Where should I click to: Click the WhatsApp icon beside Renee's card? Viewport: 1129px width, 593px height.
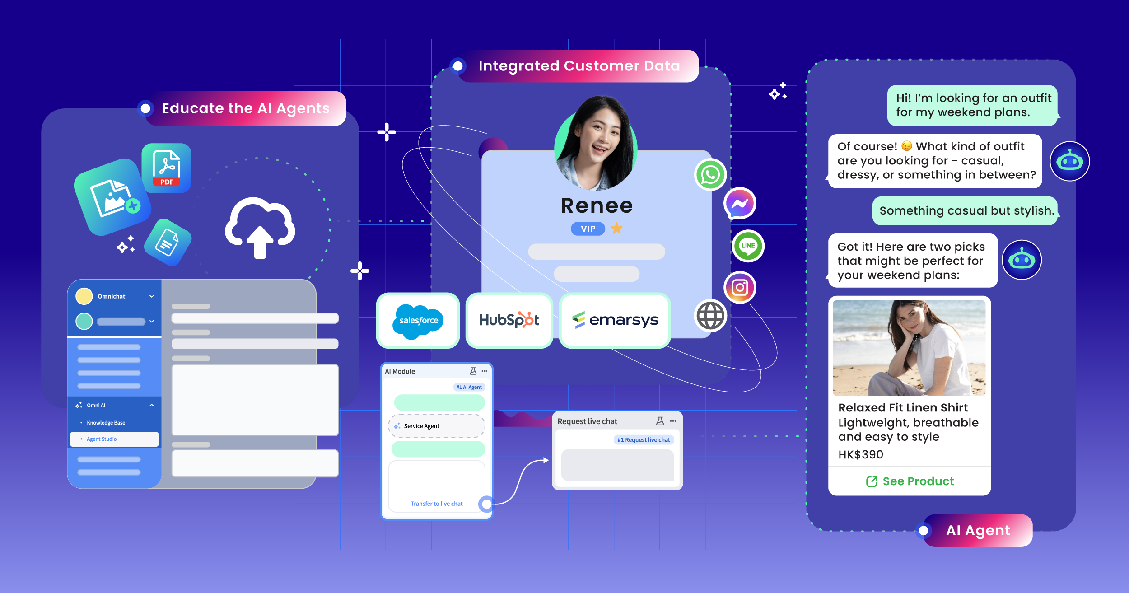click(x=710, y=175)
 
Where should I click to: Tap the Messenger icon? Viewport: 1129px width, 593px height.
click(x=740, y=204)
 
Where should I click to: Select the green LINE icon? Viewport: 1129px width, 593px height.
click(x=748, y=246)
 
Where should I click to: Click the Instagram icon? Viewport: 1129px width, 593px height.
click(x=740, y=287)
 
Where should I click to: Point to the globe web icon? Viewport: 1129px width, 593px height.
click(x=710, y=316)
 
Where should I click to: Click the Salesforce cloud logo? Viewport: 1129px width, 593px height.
click(x=418, y=321)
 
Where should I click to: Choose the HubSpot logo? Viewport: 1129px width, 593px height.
click(x=509, y=320)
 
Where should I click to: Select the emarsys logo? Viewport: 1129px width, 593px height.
click(x=615, y=320)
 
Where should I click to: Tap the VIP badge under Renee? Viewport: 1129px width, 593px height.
click(x=588, y=229)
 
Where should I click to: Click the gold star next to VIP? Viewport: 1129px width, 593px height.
click(x=616, y=229)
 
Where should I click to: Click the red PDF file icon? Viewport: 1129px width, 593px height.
click(x=166, y=168)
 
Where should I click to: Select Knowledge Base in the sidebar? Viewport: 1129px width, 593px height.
click(x=106, y=423)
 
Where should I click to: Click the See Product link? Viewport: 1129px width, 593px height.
click(x=910, y=481)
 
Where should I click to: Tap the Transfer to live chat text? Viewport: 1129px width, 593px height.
click(x=437, y=504)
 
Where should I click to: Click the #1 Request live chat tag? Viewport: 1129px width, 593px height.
click(x=644, y=440)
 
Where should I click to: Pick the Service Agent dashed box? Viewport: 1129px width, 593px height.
click(x=437, y=426)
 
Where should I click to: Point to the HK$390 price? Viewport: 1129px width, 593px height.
click(x=861, y=454)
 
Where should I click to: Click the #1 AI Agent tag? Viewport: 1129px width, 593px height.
click(x=469, y=387)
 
